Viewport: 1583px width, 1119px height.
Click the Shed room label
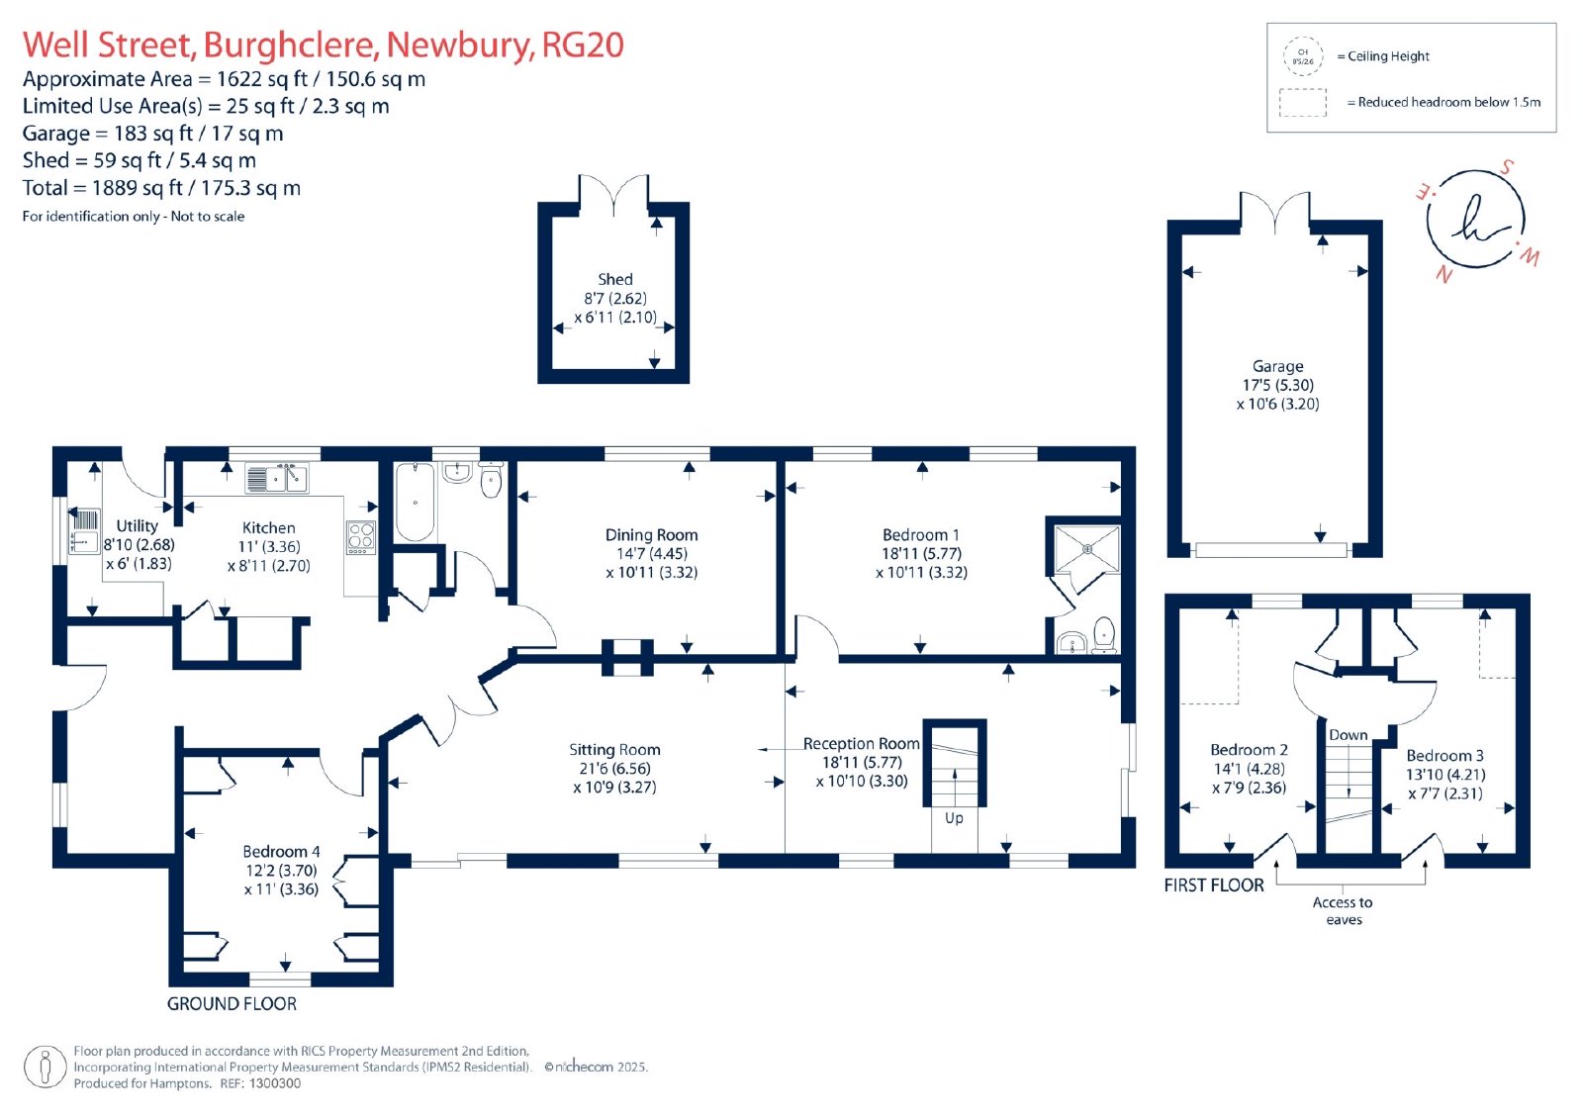(x=614, y=279)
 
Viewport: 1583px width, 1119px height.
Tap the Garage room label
(x=1277, y=366)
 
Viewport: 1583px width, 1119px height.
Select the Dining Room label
(x=651, y=535)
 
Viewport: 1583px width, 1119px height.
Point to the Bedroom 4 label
(x=281, y=851)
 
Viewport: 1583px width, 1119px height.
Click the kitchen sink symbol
(x=276, y=478)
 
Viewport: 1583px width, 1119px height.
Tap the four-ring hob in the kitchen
(x=360, y=537)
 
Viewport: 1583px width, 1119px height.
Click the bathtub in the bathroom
(x=415, y=502)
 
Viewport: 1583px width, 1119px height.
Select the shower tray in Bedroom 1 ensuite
(x=1087, y=548)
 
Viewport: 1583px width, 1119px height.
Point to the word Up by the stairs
(x=954, y=818)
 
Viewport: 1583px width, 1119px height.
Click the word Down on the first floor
(x=1349, y=734)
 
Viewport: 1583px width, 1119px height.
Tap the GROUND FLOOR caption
(x=232, y=1004)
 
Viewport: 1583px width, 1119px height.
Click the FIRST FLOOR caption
(x=1214, y=886)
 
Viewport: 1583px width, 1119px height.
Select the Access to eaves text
(x=1343, y=910)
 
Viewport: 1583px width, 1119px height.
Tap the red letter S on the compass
(x=1507, y=167)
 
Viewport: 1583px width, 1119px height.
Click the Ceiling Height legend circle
(x=1303, y=56)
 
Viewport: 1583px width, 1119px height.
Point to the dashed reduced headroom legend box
(x=1302, y=103)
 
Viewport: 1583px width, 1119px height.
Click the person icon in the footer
(x=46, y=1067)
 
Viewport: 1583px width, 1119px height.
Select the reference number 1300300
(x=274, y=1083)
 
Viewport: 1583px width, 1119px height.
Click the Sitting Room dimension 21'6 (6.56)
(x=614, y=769)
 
